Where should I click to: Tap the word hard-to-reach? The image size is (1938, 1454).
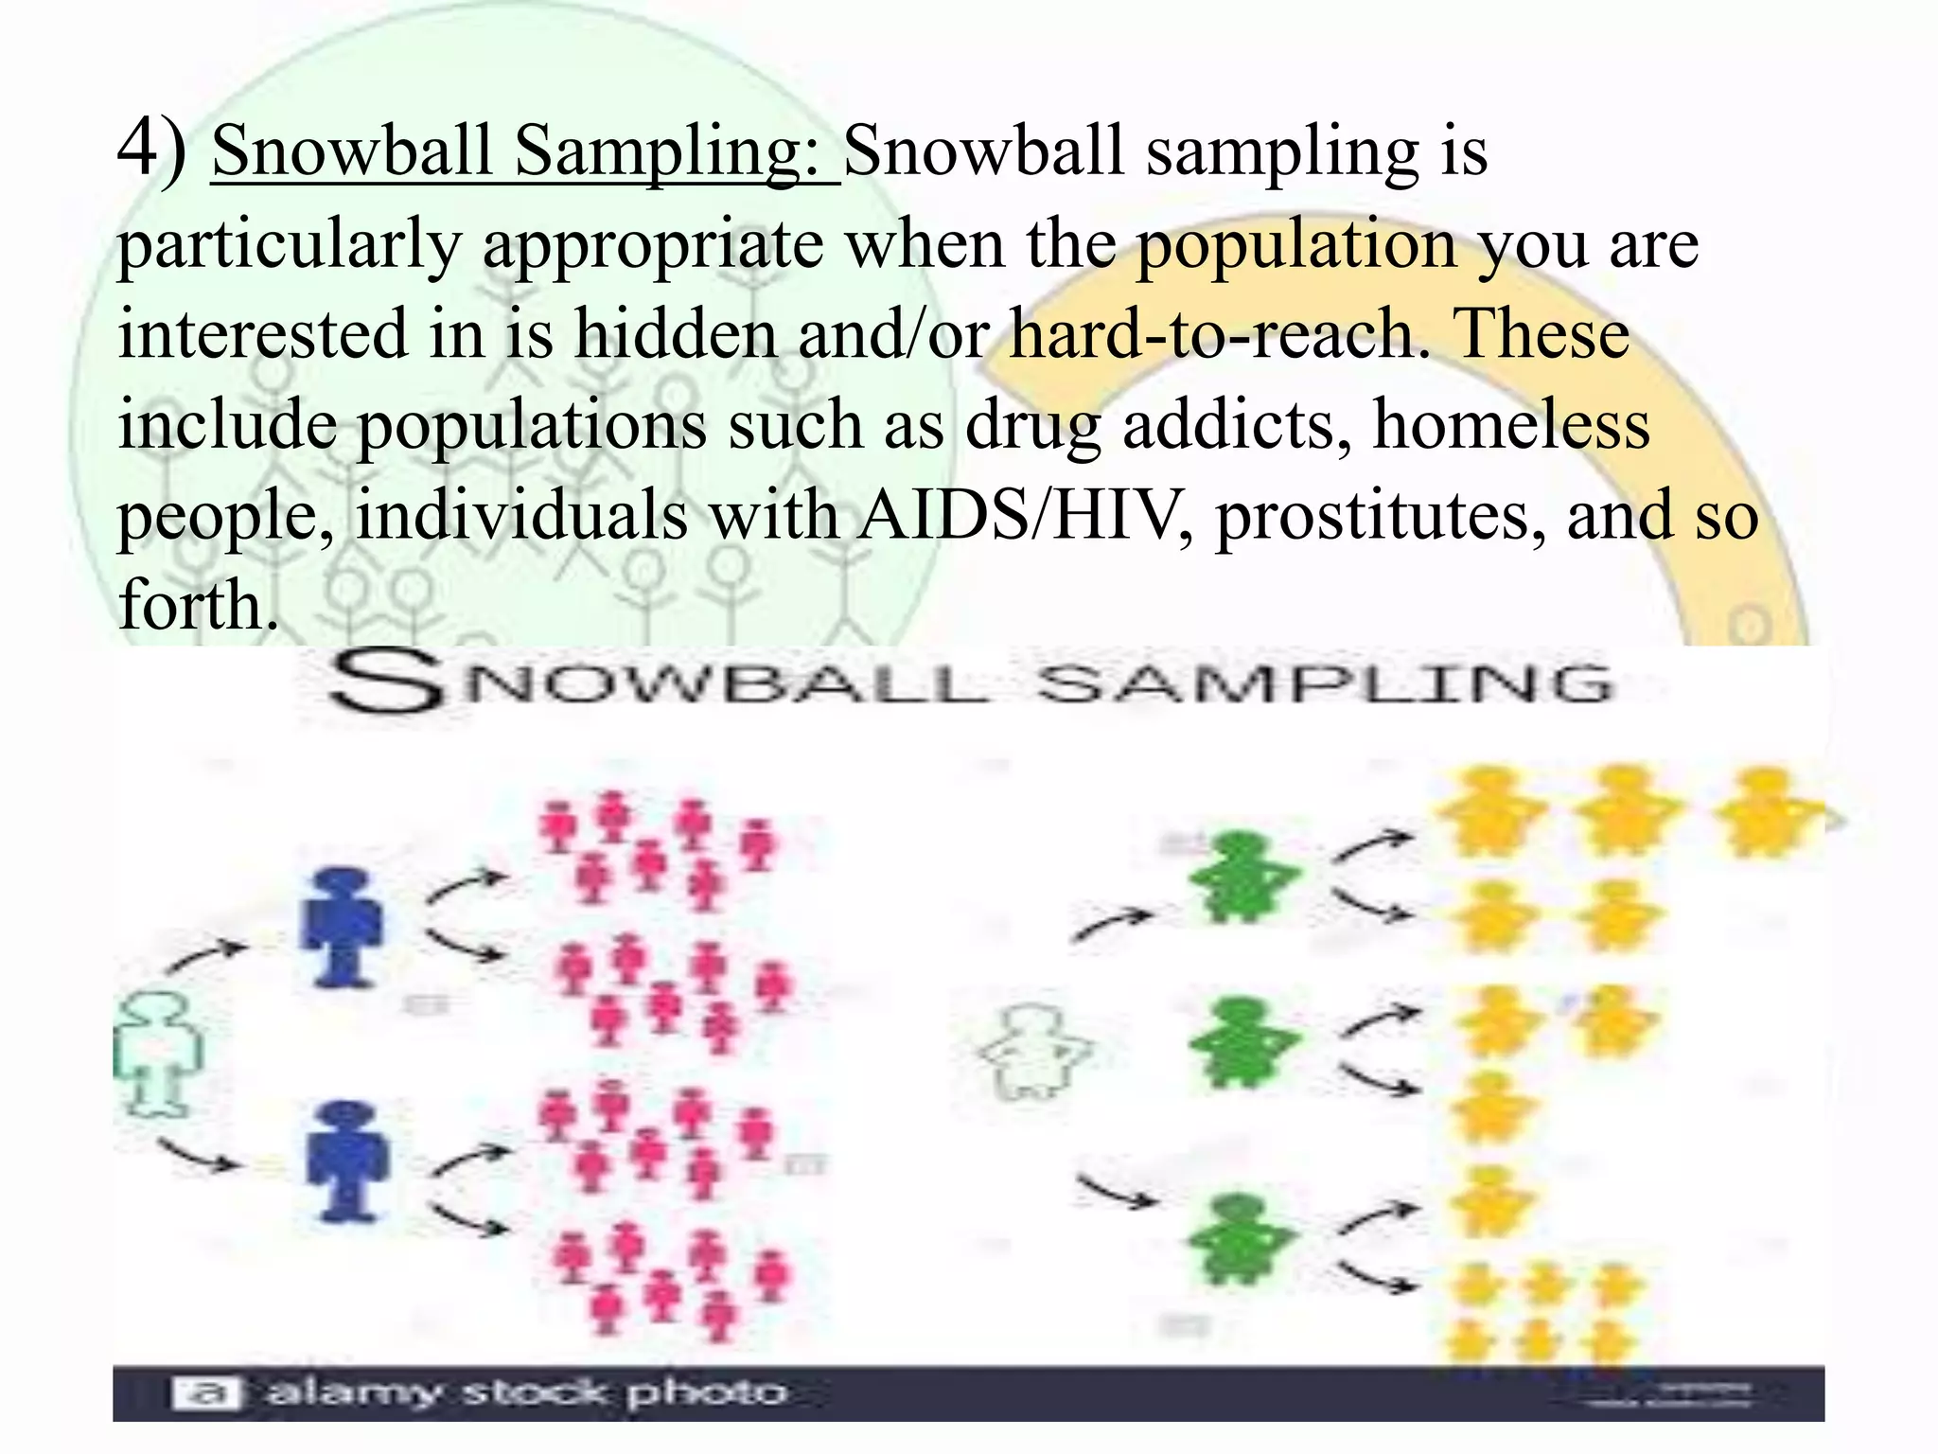tap(1221, 334)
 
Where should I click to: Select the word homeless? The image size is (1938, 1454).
tap(1511, 425)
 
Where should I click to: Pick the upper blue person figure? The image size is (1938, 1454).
tap(342, 928)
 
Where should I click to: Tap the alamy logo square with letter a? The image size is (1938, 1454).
tap(206, 1392)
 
